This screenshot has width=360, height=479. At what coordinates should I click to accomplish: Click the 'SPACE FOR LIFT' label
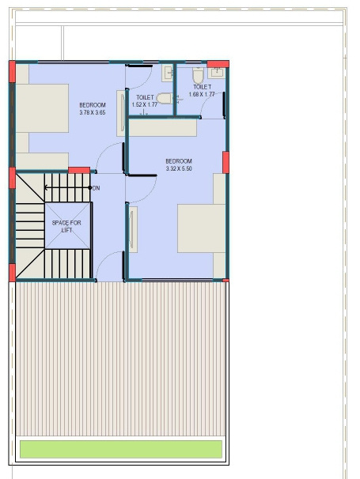(x=66, y=226)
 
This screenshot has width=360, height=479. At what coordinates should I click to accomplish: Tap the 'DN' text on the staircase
(x=96, y=188)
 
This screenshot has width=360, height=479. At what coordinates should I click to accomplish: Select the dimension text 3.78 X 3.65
(x=93, y=112)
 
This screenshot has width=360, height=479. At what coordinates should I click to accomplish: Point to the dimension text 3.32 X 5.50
(x=179, y=168)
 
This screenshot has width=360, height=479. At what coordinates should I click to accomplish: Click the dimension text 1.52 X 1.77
(x=145, y=104)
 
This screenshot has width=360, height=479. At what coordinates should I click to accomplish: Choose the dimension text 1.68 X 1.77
(x=202, y=94)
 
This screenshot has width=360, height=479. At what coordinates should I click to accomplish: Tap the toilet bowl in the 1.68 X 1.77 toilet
(x=198, y=75)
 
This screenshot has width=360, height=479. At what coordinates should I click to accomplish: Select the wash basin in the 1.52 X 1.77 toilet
(x=168, y=74)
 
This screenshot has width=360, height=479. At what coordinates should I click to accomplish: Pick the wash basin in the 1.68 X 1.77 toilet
(x=219, y=73)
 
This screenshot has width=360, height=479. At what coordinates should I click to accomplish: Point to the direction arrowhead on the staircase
(x=47, y=188)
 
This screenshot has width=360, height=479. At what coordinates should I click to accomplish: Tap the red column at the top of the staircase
(x=78, y=170)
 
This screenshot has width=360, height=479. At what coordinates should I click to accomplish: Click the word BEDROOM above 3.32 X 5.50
(x=179, y=161)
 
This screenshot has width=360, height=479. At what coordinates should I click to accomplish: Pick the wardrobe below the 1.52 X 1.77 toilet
(x=163, y=127)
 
